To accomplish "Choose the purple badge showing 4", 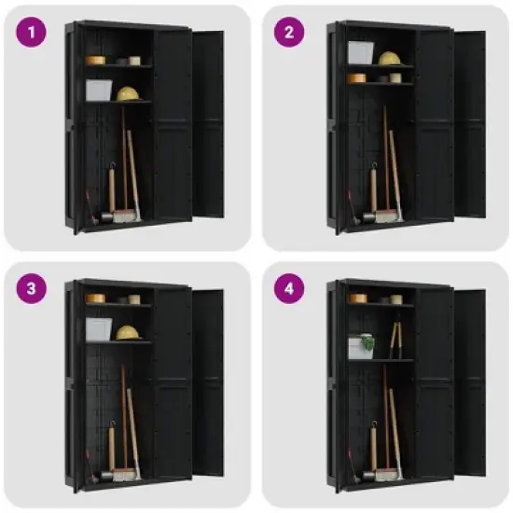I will pyautogui.click(x=289, y=288).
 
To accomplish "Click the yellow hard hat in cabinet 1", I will pyautogui.click(x=128, y=94).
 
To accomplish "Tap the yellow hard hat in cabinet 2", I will pyautogui.click(x=389, y=58).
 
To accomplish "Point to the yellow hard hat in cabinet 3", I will pyautogui.click(x=128, y=332).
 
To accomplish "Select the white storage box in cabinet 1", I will pyautogui.click(x=99, y=90).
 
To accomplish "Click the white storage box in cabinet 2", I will pyautogui.click(x=361, y=52).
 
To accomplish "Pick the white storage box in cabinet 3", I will pyautogui.click(x=99, y=328).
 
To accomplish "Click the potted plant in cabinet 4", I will pyautogui.click(x=360, y=345).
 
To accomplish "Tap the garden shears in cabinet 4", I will pyautogui.click(x=395, y=338).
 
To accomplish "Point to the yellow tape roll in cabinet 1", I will pyautogui.click(x=95, y=60).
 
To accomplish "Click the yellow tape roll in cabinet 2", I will pyautogui.click(x=357, y=78).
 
